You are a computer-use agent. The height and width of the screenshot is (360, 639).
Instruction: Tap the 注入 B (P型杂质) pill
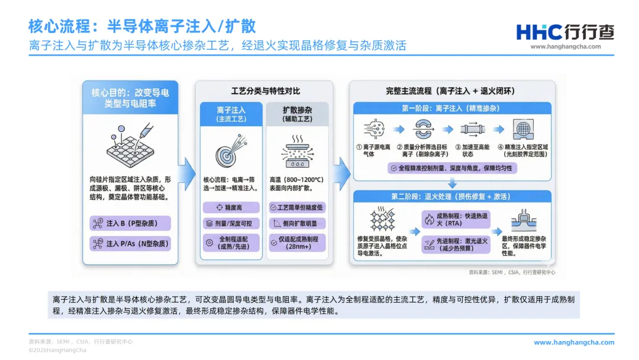tap(130, 223)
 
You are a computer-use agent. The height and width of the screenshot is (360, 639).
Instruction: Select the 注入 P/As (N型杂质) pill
tap(130, 243)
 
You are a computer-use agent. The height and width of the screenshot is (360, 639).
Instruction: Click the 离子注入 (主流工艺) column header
tap(231, 114)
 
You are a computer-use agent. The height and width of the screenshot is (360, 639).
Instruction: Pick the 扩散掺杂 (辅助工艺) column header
tap(298, 114)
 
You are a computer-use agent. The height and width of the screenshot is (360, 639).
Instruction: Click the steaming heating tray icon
tap(297, 150)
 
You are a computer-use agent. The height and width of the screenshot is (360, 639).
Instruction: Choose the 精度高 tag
tap(231, 208)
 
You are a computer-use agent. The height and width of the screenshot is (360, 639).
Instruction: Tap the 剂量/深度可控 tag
tap(231, 224)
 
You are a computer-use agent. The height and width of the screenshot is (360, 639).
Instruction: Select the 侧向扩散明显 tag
tap(298, 224)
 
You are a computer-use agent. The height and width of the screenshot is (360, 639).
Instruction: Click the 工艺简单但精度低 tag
tap(298, 208)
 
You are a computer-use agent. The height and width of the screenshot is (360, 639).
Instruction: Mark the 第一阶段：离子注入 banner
tap(452, 108)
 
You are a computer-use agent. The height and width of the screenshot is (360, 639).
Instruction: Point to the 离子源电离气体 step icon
tap(373, 130)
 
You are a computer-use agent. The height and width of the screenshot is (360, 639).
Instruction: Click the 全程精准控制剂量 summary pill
tap(452, 169)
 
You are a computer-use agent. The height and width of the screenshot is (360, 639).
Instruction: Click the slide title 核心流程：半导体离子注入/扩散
tap(142, 26)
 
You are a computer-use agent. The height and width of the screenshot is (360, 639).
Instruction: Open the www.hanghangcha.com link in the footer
tap(574, 342)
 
